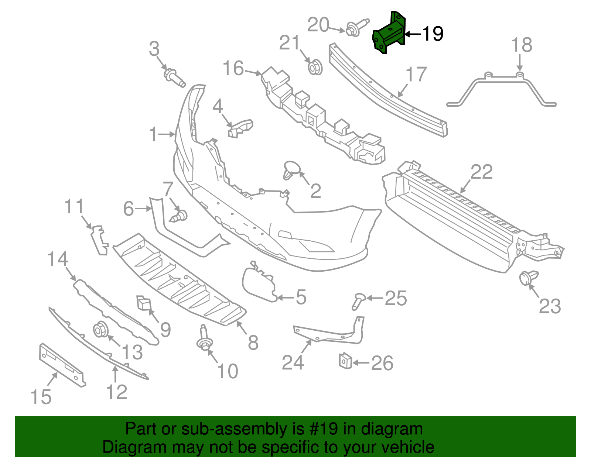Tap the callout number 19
pos(433,34)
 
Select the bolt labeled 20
pos(355,28)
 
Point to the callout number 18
pos(522,45)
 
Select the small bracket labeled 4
pos(240,127)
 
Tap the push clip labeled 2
pos(291,170)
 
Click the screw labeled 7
pos(180,216)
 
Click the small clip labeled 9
pos(144,303)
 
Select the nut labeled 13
pos(100,329)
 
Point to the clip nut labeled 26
pos(345,360)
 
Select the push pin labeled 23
pos(528,278)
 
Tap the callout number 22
pos(482,172)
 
